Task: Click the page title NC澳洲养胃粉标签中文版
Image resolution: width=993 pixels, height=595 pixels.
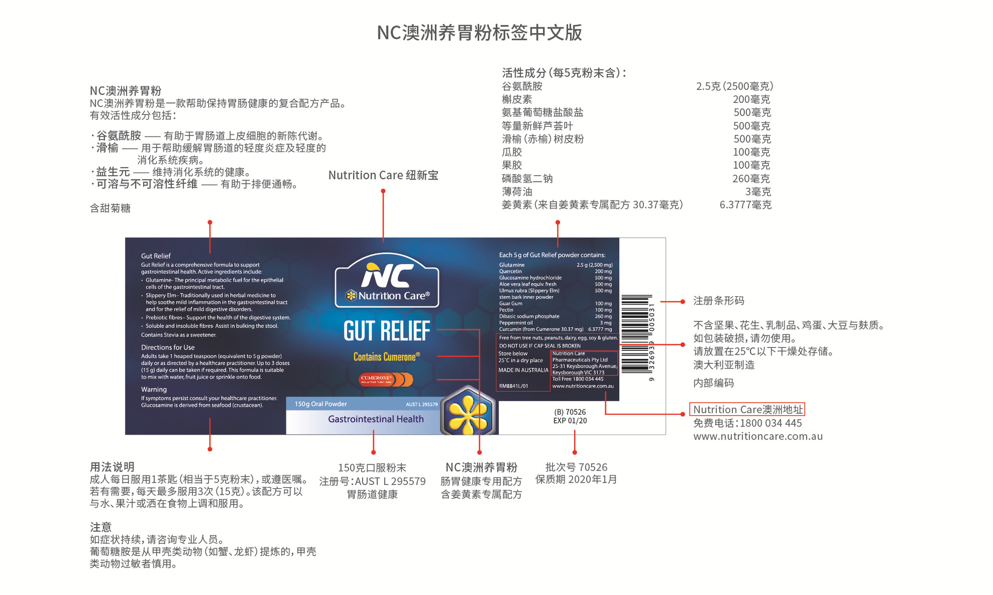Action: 479,33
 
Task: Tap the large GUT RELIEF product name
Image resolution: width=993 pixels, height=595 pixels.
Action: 387,331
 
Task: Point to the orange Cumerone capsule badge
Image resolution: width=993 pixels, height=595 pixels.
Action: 386,379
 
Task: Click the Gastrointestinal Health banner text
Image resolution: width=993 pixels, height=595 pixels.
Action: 375,419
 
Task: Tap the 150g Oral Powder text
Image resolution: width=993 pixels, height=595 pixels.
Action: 321,404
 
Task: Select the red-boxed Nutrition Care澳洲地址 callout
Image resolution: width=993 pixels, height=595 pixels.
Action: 747,409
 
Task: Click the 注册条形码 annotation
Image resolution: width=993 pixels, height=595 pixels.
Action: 718,301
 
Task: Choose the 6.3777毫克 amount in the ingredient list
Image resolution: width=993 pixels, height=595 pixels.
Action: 745,205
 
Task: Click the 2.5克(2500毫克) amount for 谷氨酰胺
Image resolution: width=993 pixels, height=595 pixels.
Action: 734,86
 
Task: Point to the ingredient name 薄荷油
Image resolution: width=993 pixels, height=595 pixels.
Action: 517,192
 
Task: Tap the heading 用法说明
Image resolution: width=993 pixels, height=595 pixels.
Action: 112,467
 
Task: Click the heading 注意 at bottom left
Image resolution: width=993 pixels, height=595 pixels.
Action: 101,527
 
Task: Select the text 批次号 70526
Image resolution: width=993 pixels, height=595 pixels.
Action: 576,467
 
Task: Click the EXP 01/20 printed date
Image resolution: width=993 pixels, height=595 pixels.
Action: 570,421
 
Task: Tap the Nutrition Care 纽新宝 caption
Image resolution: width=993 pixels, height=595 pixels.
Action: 383,175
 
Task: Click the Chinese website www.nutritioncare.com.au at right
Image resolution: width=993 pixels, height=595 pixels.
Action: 758,436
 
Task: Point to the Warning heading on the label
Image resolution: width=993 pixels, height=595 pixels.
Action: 154,389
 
